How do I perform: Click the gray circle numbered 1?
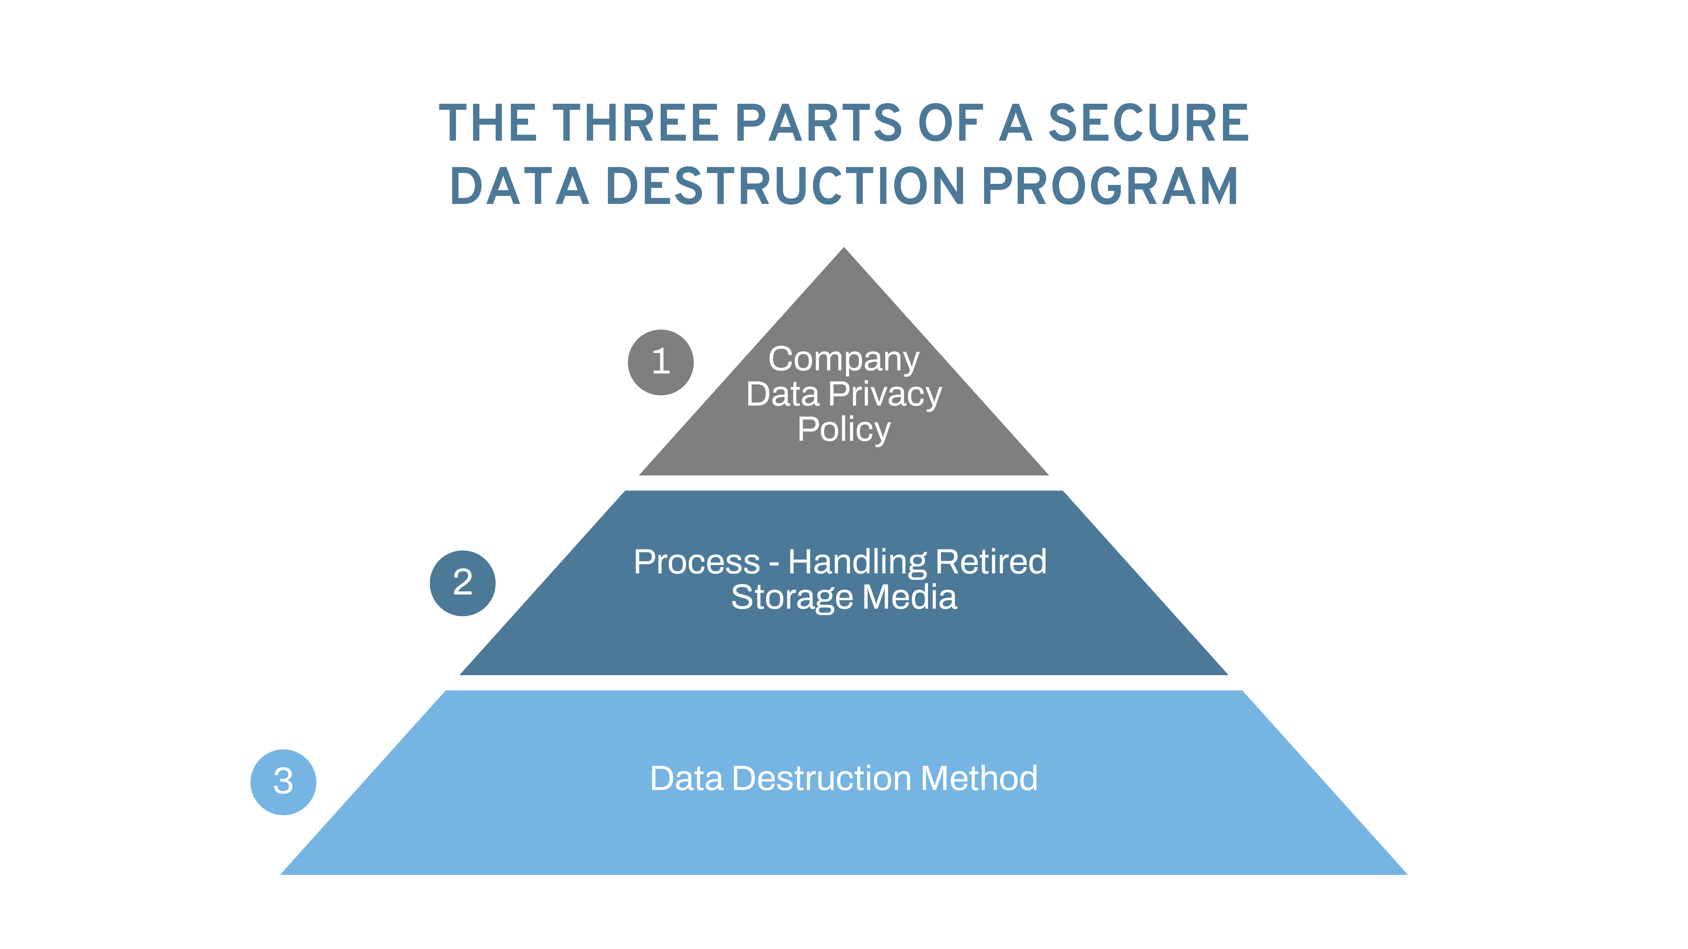pos(660,362)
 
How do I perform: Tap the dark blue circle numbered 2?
pos(463,583)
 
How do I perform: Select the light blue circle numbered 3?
pos(283,782)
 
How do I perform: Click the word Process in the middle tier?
pos(697,562)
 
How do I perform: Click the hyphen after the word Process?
pos(774,565)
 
